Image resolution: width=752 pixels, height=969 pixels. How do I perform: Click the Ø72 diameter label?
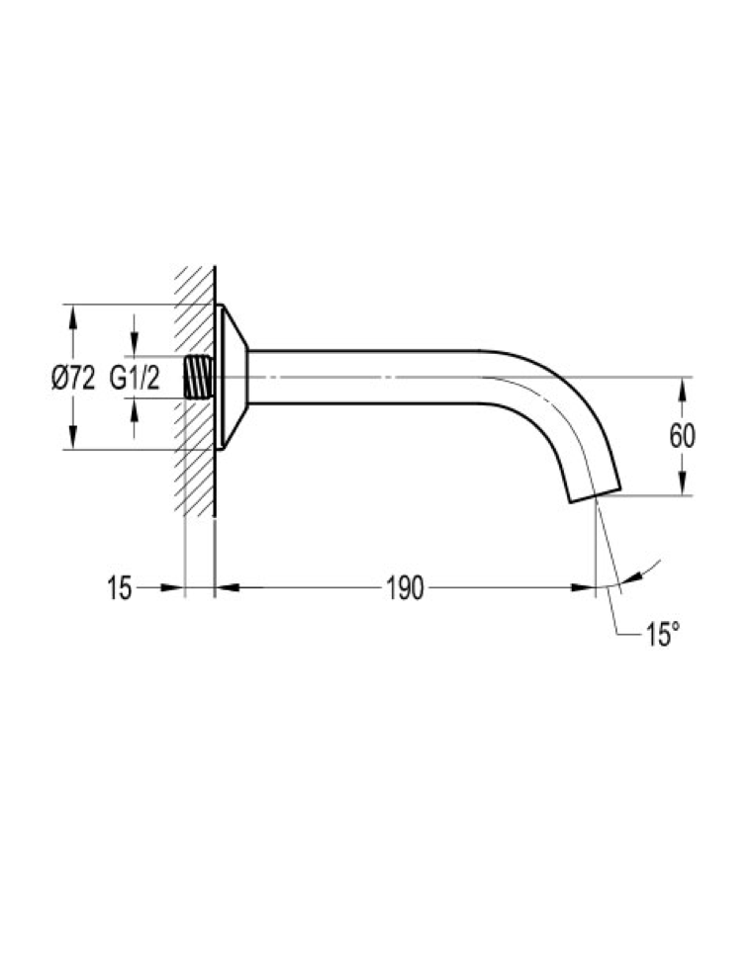coord(73,378)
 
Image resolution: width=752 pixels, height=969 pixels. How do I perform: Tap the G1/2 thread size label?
coord(135,378)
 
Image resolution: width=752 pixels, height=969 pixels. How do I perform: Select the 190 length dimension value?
coord(405,587)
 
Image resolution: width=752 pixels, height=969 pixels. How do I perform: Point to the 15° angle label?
coord(663,634)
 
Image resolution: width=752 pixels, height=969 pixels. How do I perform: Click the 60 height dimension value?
coord(682,436)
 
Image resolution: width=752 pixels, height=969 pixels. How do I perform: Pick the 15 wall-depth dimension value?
coord(120,587)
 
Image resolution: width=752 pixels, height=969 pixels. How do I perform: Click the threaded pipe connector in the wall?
coord(199,377)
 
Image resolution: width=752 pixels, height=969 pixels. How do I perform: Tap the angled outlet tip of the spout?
coord(595,494)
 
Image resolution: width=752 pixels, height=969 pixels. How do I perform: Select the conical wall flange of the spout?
coord(233,377)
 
